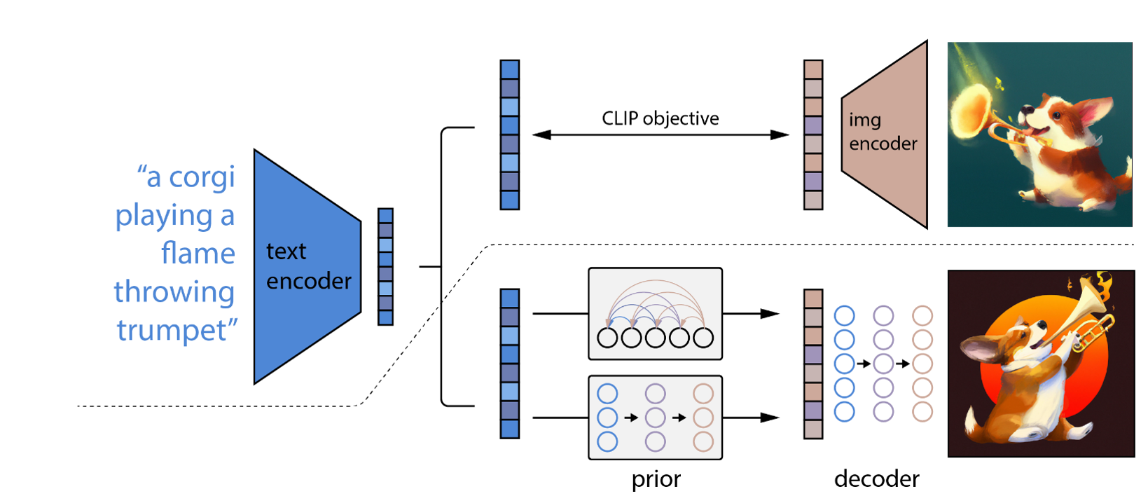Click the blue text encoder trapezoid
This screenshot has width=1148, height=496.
pyautogui.click(x=305, y=266)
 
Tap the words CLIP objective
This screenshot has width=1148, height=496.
pyautogui.click(x=660, y=118)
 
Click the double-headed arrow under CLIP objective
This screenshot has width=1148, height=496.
pyautogui.click(x=660, y=135)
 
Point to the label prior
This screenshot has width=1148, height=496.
pyautogui.click(x=656, y=479)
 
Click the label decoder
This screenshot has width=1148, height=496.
pyautogui.click(x=876, y=479)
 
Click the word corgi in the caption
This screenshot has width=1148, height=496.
pyautogui.click(x=202, y=177)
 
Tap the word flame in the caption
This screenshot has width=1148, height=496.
pyautogui.click(x=198, y=254)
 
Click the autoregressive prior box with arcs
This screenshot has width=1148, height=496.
pyautogui.click(x=655, y=313)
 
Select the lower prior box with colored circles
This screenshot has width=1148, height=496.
pyautogui.click(x=655, y=418)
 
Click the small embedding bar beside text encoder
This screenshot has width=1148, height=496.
pyautogui.click(x=385, y=266)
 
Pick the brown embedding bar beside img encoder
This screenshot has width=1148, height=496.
pyautogui.click(x=812, y=135)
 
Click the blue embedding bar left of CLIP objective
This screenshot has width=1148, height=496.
pyautogui.click(x=509, y=135)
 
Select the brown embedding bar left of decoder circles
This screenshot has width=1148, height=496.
pyautogui.click(x=812, y=364)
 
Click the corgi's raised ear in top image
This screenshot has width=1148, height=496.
pyautogui.click(x=1093, y=112)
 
